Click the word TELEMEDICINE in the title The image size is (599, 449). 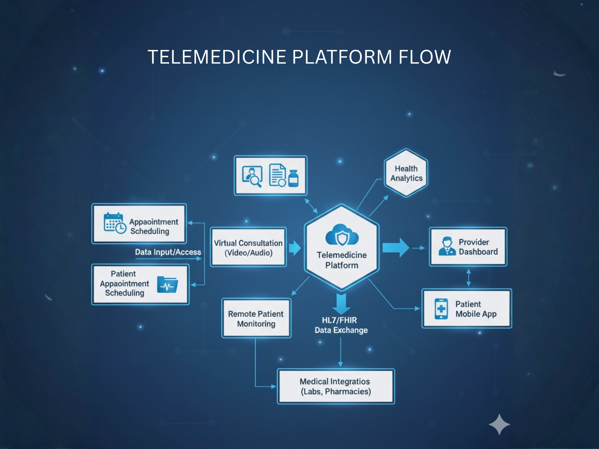coord(217,57)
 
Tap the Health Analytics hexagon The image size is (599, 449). coord(406,173)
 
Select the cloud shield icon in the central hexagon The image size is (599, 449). coord(342,235)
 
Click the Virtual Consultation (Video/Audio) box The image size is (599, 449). coord(248,248)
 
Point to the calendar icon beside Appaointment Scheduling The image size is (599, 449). coord(114,223)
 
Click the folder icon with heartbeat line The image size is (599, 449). coord(168,284)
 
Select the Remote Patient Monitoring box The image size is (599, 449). coord(256,318)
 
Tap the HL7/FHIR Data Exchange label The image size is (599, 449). coord(341,325)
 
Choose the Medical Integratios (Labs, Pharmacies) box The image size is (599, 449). coord(336,386)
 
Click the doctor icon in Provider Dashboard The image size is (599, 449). coord(447,246)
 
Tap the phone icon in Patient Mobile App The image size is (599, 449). coord(441,309)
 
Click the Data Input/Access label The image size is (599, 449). coord(168,252)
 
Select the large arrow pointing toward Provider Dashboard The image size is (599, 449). coord(396,248)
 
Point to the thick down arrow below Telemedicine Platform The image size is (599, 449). coord(341,303)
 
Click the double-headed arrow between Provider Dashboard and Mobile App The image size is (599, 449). coord(468,278)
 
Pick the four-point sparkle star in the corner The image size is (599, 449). coord(499,424)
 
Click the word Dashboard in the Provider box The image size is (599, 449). coord(478,252)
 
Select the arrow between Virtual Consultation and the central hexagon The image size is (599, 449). coord(295,248)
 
